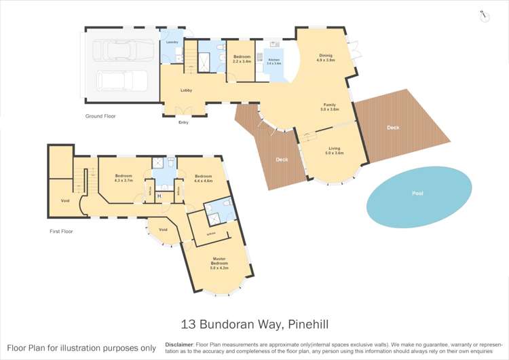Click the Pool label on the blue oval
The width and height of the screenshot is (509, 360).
[x=417, y=194]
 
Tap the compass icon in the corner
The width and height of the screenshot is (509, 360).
[x=485, y=16]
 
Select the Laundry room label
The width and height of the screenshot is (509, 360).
[x=172, y=42]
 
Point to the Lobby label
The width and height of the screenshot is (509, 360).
[x=186, y=90]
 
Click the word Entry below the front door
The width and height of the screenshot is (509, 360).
[x=183, y=122]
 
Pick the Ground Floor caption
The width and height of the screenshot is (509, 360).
[x=100, y=116]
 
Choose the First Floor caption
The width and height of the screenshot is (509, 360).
[x=62, y=232]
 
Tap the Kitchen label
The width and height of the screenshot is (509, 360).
[x=274, y=60]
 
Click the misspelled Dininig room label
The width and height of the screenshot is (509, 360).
[x=326, y=56]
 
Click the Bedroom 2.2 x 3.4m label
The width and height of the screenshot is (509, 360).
[x=242, y=58]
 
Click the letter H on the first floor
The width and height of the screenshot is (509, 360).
[x=159, y=197]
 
